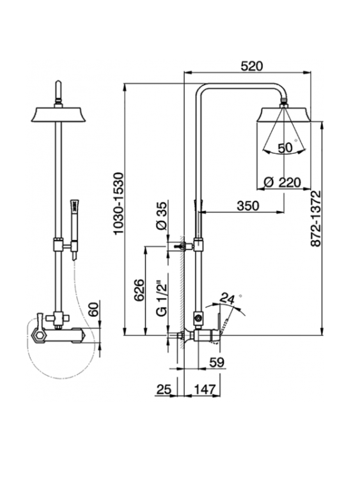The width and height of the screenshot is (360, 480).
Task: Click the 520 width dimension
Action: click(251, 66)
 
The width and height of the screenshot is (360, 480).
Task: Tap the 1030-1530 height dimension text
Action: click(118, 204)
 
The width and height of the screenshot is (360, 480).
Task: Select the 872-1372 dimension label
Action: click(316, 219)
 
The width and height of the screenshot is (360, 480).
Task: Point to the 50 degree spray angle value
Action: click(285, 148)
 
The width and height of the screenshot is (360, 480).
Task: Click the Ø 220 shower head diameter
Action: click(283, 182)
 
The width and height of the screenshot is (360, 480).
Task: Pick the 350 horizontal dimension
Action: click(247, 205)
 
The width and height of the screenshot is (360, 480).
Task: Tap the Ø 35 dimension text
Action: click(162, 216)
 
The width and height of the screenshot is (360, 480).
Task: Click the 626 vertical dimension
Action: click(139, 290)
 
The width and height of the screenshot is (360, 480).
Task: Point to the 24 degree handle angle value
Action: click(227, 298)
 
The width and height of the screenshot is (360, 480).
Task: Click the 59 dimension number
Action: click(217, 362)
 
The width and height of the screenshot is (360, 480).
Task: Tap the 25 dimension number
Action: click(164, 389)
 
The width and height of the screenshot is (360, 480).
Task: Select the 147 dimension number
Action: click(205, 389)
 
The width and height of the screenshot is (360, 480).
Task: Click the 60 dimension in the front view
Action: click(94, 309)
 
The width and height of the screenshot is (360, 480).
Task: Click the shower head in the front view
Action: click(58, 114)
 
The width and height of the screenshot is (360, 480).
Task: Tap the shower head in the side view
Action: click(285, 114)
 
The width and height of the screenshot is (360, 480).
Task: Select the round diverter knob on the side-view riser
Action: click(198, 318)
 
